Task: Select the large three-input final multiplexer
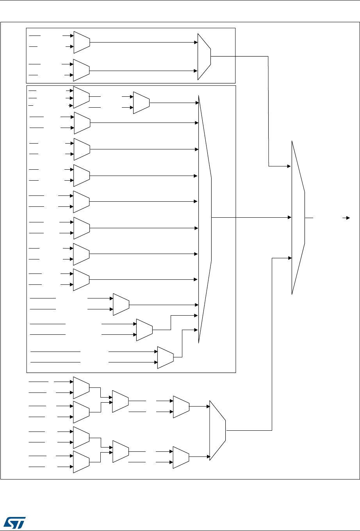[x=298, y=217]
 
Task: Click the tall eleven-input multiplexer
[x=205, y=218]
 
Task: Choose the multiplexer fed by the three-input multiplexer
[x=141, y=103]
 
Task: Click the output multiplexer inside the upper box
[x=204, y=57]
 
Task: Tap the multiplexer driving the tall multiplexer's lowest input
[x=165, y=357]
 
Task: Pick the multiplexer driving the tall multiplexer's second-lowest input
[x=144, y=329]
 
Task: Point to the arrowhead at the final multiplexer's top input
[x=289, y=166]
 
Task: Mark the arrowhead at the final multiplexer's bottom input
[x=289, y=258]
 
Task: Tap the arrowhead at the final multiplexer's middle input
[x=289, y=217]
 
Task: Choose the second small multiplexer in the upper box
[x=82, y=69]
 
